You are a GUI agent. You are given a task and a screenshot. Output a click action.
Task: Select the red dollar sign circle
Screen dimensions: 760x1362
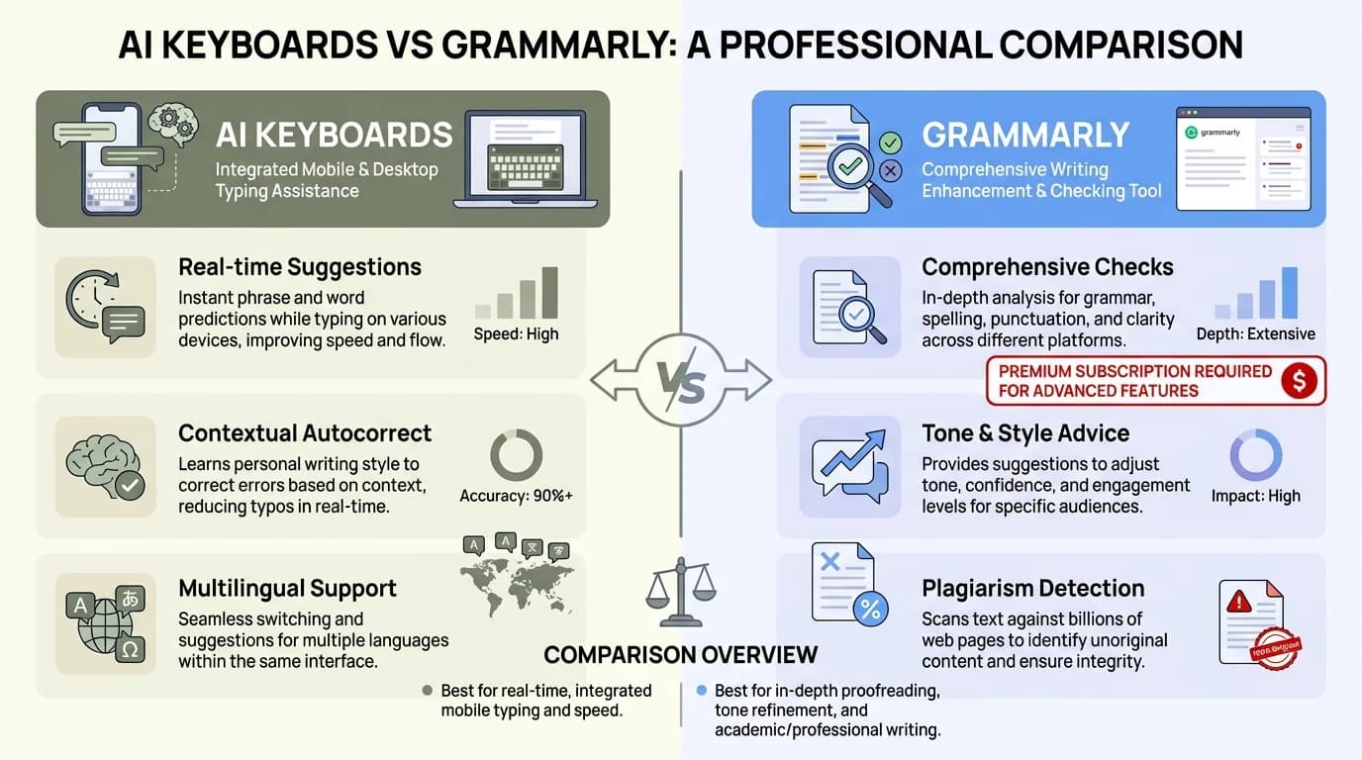click(x=1299, y=381)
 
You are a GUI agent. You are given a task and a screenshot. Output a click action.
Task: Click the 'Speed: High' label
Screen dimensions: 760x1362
click(x=516, y=333)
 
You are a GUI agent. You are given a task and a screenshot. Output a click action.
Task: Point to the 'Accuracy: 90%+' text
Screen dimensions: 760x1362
click(x=516, y=496)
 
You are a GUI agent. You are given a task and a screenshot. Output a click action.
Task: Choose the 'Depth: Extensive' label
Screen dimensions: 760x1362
click(x=1255, y=333)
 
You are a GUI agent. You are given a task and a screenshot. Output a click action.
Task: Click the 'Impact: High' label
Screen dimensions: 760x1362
click(x=1255, y=496)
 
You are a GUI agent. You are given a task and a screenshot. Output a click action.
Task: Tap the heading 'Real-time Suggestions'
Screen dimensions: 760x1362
click(x=300, y=267)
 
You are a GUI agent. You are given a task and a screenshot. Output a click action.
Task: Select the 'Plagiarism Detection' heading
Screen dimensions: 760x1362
click(x=1032, y=588)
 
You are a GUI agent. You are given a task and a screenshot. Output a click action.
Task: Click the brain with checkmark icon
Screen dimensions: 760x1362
click(x=105, y=465)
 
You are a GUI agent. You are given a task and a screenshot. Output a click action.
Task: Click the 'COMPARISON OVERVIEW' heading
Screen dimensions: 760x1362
click(x=681, y=654)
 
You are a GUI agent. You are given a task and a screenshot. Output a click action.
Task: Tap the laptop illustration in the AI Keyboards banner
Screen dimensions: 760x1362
click(x=526, y=158)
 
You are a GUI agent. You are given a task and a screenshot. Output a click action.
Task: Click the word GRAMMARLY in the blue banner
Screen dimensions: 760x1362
click(x=1025, y=135)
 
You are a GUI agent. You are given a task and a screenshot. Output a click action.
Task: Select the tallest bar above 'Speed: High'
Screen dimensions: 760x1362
click(x=550, y=293)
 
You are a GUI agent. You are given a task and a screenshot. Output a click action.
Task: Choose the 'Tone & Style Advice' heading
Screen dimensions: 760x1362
click(x=1025, y=433)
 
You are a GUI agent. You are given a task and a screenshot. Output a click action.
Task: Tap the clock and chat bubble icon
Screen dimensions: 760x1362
click(x=105, y=307)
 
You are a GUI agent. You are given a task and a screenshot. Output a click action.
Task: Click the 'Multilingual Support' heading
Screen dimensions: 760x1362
click(x=287, y=588)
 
